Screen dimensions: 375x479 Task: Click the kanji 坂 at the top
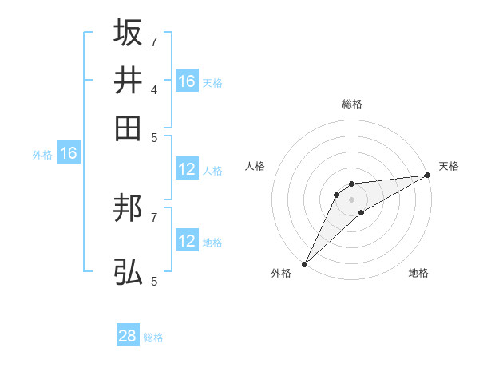click(x=128, y=33)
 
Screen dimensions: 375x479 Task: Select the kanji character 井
click(x=128, y=80)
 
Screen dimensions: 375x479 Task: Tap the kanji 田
click(x=128, y=128)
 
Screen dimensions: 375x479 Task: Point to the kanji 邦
click(x=128, y=209)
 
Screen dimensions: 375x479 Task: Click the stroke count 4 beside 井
click(x=153, y=89)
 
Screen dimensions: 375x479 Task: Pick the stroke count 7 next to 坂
click(x=153, y=41)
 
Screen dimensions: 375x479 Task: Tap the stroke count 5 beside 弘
click(x=153, y=281)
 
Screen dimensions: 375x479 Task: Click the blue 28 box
click(x=128, y=336)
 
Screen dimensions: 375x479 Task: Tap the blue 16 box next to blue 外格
click(x=69, y=153)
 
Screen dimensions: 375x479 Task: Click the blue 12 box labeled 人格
click(x=187, y=169)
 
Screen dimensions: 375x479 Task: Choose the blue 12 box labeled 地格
click(x=187, y=241)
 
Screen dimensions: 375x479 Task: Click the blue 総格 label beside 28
click(x=153, y=337)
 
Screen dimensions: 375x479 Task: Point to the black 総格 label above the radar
click(x=352, y=104)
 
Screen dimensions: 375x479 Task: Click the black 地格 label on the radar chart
click(x=418, y=273)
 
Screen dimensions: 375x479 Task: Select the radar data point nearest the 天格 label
click(x=428, y=176)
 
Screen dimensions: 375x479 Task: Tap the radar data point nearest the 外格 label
click(x=304, y=263)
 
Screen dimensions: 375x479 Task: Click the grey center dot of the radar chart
click(x=352, y=199)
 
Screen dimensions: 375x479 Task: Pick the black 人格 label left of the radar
click(x=255, y=166)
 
